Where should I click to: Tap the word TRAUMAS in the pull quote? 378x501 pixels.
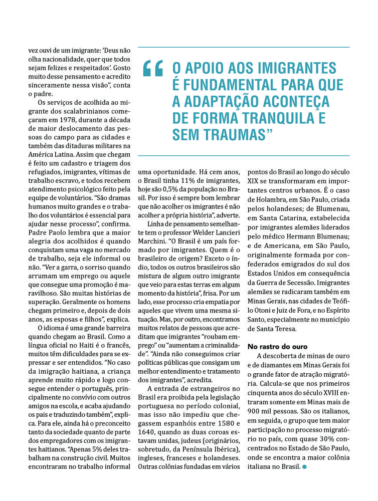coord(232,134)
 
